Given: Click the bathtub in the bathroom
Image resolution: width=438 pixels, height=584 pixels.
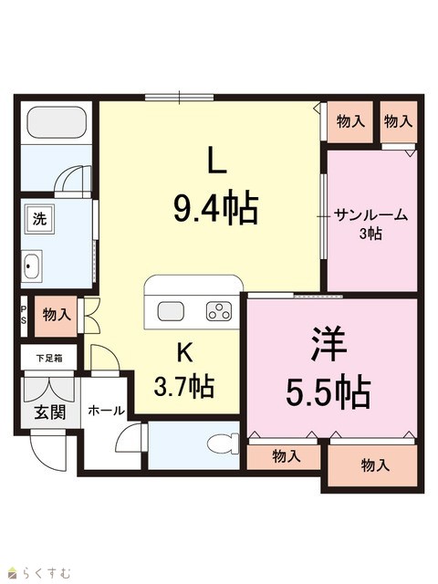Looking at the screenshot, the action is click(57, 122).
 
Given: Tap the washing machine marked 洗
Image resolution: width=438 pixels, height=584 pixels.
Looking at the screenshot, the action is click(39, 219).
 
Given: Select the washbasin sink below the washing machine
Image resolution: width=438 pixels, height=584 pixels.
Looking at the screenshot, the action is click(31, 266).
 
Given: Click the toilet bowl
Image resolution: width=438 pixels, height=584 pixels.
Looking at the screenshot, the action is click(223, 444).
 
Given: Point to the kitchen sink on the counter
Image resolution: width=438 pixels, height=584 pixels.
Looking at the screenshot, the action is click(171, 311).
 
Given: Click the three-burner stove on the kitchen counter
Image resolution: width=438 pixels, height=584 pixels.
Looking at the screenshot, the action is click(219, 311).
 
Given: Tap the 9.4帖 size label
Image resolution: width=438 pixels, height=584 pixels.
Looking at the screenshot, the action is click(216, 207).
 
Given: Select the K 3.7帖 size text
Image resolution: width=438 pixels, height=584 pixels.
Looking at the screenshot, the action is click(184, 370).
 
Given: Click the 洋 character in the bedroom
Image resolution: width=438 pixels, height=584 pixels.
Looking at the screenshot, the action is click(328, 344).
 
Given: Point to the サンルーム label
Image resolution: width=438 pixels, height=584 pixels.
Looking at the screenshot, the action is click(370, 215).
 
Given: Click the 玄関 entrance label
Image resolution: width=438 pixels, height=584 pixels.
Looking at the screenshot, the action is click(50, 412).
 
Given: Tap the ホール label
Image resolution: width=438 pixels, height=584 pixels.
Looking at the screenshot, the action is click(106, 411).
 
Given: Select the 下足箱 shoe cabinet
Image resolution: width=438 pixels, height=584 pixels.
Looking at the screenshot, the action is click(49, 358).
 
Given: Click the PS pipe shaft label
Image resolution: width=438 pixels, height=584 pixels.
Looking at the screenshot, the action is click(24, 315).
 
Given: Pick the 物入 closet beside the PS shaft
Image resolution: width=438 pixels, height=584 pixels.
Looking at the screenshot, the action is click(57, 316).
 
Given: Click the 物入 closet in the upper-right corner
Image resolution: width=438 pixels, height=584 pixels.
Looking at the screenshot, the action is click(399, 121).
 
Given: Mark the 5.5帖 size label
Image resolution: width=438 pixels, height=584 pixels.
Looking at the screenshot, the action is click(328, 393).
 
